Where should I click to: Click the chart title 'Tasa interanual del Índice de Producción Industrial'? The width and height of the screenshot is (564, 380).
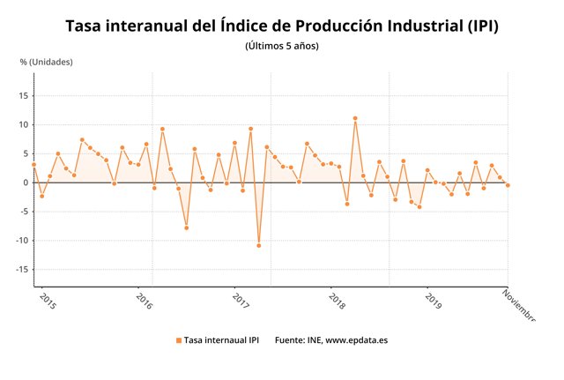282,26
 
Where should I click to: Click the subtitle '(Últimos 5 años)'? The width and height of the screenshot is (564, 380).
282,46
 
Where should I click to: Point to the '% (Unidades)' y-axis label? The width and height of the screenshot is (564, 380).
46,62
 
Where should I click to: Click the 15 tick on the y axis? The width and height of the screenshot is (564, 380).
24,96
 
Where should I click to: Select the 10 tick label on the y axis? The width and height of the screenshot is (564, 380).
24,125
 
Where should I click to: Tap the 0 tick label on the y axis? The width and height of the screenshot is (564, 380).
26,183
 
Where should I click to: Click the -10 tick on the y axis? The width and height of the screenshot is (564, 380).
22,241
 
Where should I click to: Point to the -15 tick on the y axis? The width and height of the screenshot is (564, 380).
22,270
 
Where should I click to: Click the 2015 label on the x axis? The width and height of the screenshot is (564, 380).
48,302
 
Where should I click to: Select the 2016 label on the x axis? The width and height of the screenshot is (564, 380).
145,302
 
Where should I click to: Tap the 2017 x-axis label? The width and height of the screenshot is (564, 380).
241,302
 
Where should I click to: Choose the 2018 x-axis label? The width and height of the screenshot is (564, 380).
337,302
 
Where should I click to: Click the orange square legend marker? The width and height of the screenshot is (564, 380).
178,339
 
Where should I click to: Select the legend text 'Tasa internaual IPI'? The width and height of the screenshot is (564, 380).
221,339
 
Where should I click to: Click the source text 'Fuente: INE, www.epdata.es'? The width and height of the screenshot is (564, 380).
330,339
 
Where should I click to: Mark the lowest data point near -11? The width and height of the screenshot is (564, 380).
259,245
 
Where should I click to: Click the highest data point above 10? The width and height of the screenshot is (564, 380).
355,118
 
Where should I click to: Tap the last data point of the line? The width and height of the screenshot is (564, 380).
508,185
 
